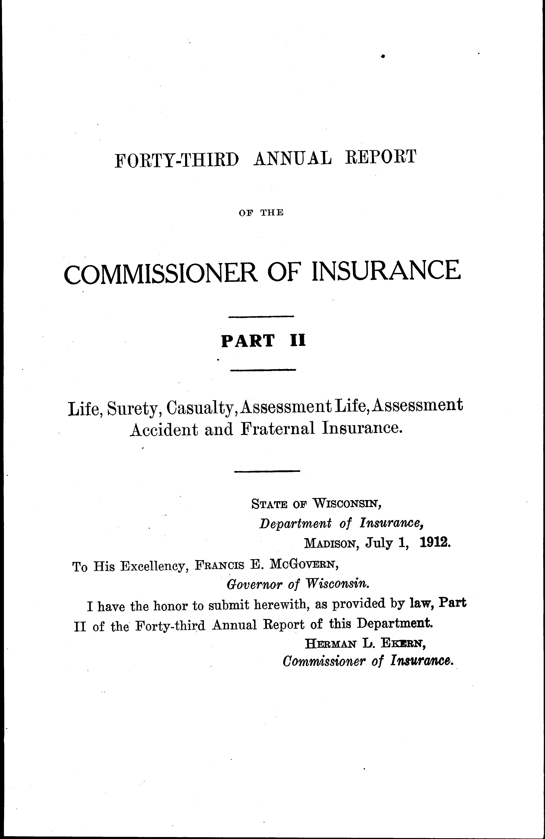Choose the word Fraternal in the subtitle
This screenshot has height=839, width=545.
(278, 429)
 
